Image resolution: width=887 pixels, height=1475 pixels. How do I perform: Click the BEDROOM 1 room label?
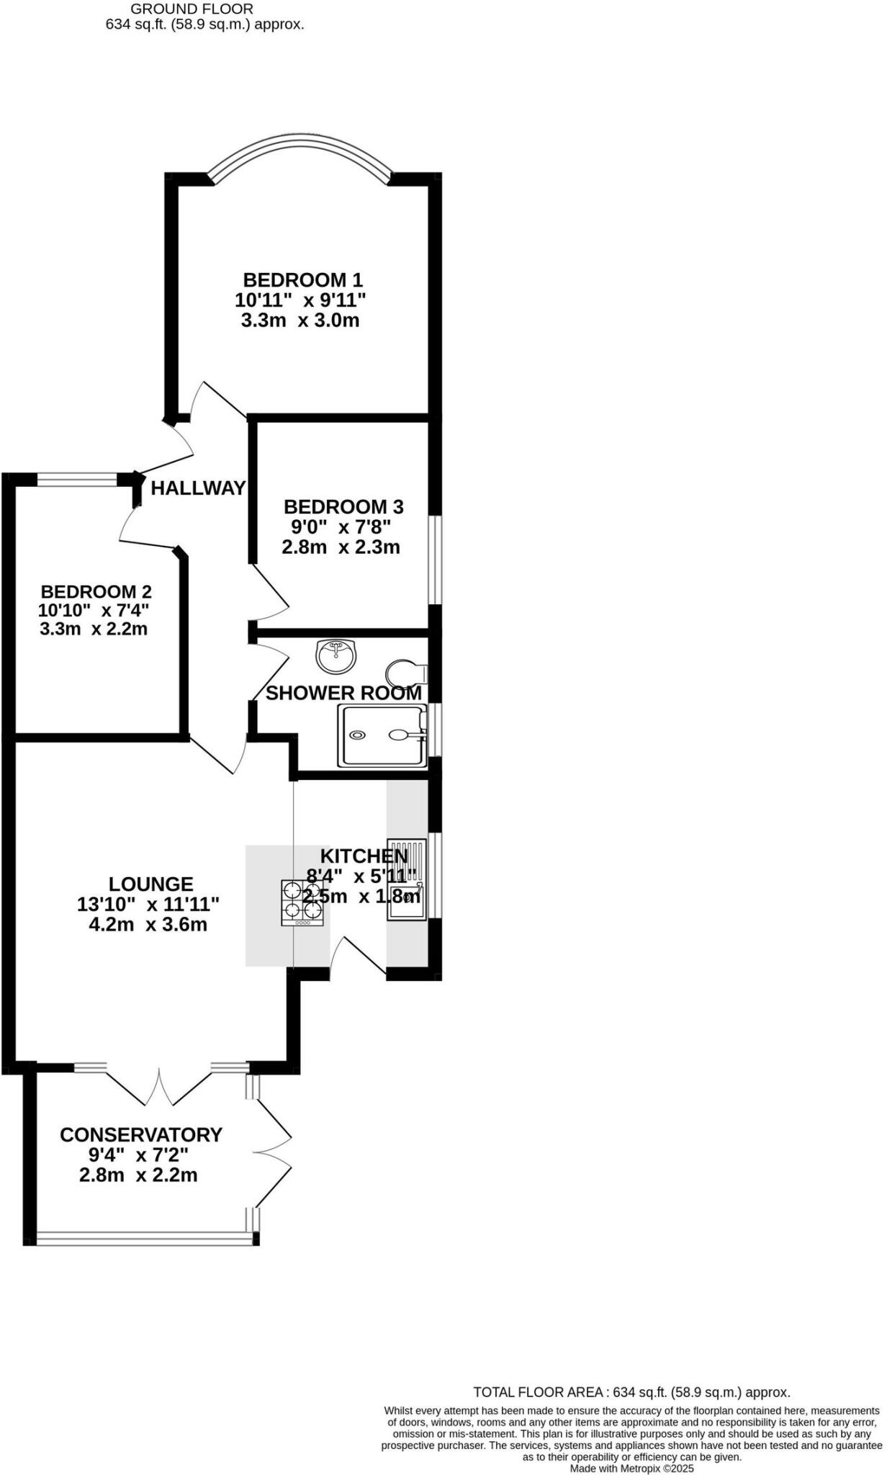click(x=302, y=279)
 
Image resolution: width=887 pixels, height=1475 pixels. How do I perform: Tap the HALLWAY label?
click(x=198, y=488)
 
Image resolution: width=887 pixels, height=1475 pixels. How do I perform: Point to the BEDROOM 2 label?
click(x=96, y=592)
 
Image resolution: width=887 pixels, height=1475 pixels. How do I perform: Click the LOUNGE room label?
click(x=150, y=884)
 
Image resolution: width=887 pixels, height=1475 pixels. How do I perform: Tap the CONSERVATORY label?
click(x=141, y=1135)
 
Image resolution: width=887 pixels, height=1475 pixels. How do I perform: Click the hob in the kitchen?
click(x=302, y=903)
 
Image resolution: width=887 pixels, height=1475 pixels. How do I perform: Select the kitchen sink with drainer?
click(x=407, y=879)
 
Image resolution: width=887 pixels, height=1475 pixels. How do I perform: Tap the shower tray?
click(x=381, y=735)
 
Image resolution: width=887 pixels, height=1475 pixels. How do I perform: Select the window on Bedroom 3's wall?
click(x=435, y=559)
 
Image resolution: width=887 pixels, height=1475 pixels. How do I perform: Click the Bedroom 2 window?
click(x=78, y=479)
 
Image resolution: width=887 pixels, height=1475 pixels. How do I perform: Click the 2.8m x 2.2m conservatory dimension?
click(x=138, y=1175)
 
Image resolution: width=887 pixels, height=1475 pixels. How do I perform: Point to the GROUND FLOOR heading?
click(x=192, y=9)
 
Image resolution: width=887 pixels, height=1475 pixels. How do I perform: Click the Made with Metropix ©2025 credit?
click(x=631, y=1469)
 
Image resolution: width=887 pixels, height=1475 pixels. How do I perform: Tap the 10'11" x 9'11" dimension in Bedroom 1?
click(x=300, y=300)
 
